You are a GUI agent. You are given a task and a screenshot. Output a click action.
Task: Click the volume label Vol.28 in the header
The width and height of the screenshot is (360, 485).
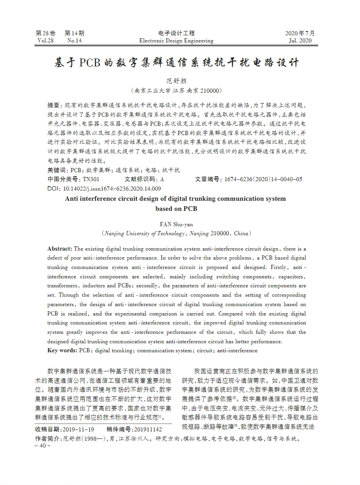(45, 41)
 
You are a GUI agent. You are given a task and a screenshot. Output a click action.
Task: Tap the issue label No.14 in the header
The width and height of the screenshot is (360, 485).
(74, 41)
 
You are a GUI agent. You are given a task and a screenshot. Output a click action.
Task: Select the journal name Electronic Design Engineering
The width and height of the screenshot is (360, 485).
(176, 41)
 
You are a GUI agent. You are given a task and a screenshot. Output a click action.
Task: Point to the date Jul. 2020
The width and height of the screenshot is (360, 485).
(300, 41)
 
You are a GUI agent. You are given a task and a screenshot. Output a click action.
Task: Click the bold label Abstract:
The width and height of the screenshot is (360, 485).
(60, 249)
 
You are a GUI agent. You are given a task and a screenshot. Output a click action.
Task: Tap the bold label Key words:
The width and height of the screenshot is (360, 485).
(63, 350)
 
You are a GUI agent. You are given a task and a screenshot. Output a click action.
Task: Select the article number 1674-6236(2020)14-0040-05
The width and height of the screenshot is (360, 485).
(263, 179)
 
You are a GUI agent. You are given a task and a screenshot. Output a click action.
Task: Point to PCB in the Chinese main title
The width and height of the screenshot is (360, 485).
(89, 63)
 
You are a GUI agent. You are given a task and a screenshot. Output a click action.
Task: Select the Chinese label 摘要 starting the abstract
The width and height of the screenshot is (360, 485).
(53, 105)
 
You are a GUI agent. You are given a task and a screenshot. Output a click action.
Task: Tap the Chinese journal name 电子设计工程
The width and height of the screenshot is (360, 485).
(176, 33)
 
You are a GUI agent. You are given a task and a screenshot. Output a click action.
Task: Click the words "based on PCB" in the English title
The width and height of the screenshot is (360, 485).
(176, 208)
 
